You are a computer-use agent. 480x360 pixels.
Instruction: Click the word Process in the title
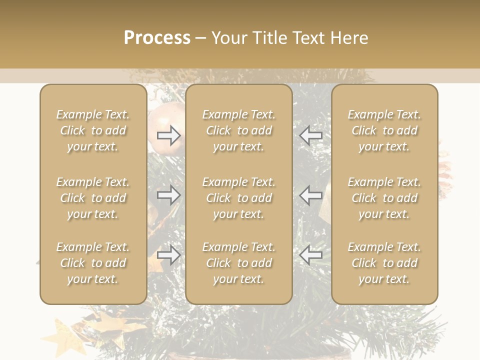coord(157,38)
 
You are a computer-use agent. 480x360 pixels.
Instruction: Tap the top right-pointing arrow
coord(168,135)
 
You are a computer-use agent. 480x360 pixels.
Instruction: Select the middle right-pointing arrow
coord(168,195)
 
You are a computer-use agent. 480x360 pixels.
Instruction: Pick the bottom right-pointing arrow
coord(168,255)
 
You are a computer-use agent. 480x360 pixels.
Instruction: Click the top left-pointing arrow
coord(310,135)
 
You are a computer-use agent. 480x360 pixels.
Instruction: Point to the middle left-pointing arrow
coord(310,195)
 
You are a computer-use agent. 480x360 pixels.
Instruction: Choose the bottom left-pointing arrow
coord(310,255)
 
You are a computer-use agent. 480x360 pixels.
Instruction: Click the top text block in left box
coord(93,130)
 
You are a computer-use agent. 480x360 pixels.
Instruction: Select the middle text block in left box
coord(93,198)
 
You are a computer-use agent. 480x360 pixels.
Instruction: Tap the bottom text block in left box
coord(93,263)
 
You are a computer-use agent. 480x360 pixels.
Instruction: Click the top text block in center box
coord(239,130)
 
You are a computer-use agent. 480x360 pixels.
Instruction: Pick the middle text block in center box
coord(239,198)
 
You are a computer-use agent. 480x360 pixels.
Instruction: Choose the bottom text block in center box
coord(239,263)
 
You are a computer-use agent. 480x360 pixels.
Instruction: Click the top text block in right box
coord(384,130)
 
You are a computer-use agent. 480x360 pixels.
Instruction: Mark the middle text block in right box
coord(384,198)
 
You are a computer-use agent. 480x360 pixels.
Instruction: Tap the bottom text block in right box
coord(384,263)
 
